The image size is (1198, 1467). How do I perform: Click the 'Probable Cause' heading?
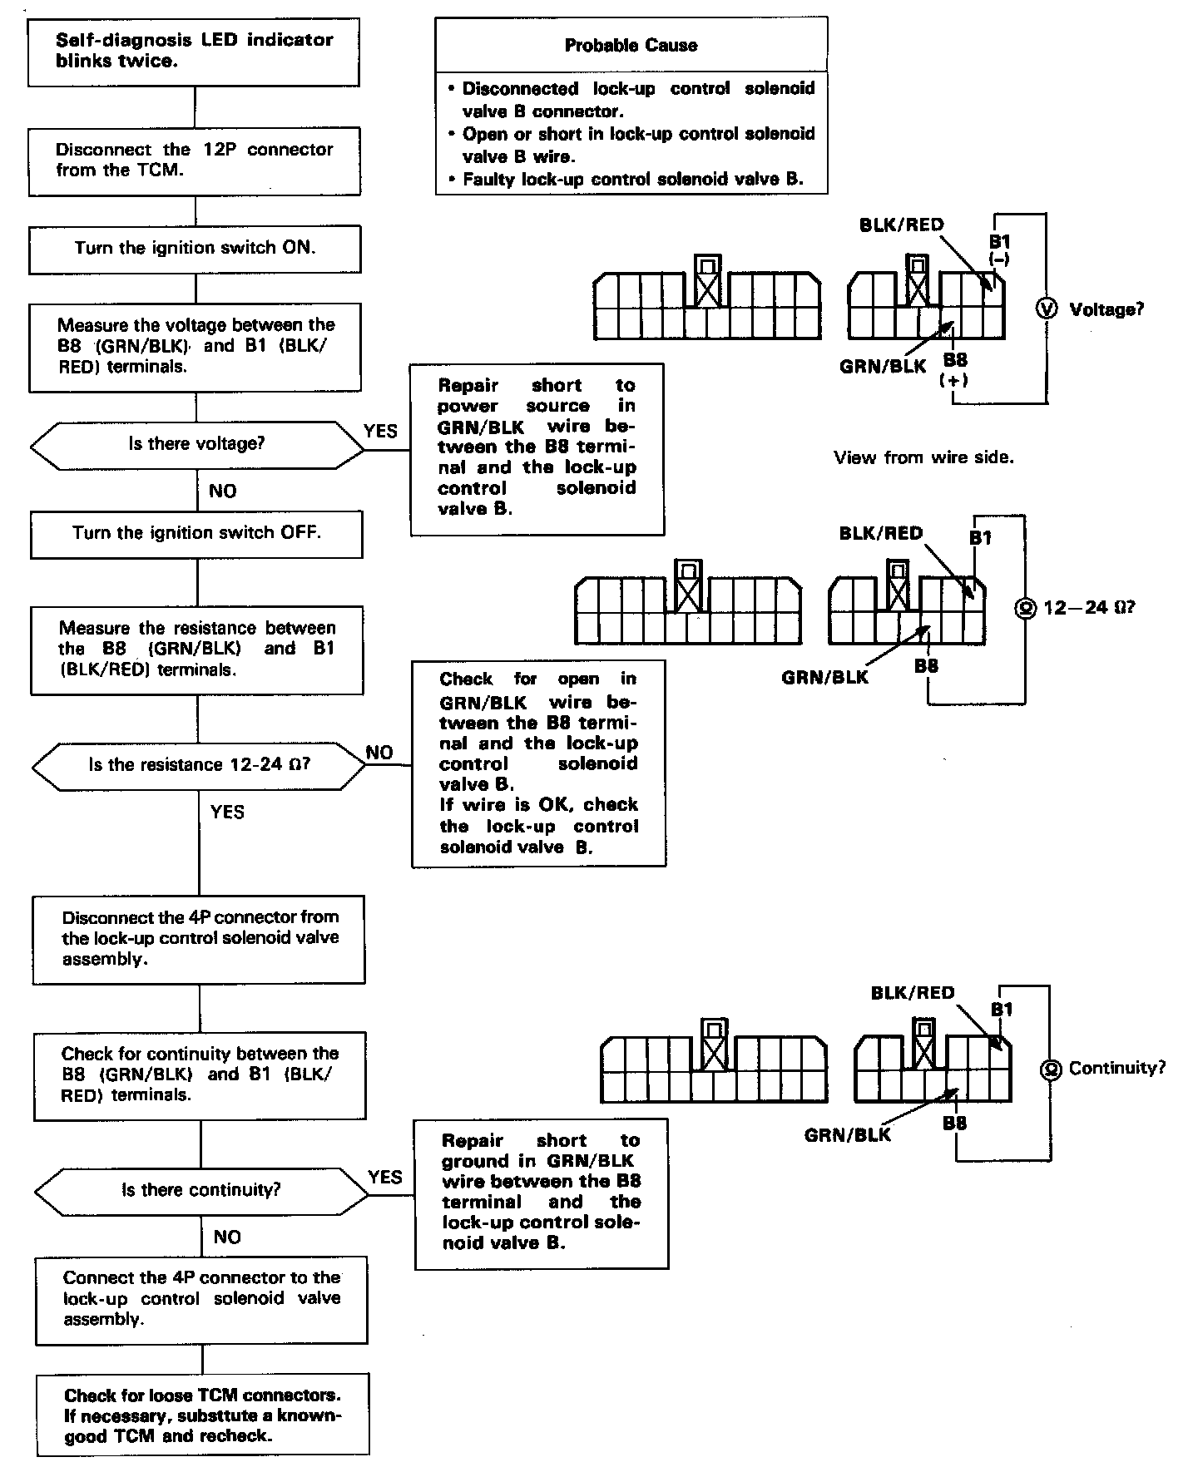click(x=631, y=46)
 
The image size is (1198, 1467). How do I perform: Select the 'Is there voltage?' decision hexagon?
click(x=196, y=444)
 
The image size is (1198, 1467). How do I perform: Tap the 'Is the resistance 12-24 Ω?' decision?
click(x=199, y=764)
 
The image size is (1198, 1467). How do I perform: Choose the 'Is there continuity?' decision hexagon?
click(x=200, y=1190)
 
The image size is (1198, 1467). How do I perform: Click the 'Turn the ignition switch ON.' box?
click(x=195, y=248)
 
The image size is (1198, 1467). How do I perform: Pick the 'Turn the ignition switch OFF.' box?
click(x=196, y=533)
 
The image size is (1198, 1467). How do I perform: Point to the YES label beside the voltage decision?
click(x=381, y=431)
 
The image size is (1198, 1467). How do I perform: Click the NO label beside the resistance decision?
click(x=379, y=753)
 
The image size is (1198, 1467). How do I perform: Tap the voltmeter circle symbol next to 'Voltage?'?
click(x=1046, y=309)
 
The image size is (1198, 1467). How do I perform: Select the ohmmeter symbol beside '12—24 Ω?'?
click(x=1024, y=609)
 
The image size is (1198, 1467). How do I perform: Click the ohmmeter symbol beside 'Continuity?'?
click(x=1051, y=1069)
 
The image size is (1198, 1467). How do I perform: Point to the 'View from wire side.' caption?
click(x=923, y=457)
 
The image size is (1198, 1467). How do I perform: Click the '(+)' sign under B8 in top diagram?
click(x=953, y=381)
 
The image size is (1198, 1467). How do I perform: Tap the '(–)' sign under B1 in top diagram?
click(x=999, y=259)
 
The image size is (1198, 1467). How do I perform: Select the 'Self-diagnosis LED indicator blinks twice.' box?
click(x=194, y=51)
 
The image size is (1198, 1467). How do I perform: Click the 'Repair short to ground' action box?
click(x=541, y=1193)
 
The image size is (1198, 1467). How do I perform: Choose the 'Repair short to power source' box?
click(x=537, y=447)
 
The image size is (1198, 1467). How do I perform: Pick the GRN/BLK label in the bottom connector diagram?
click(x=847, y=1135)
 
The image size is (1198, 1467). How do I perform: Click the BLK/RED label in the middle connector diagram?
click(x=881, y=533)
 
